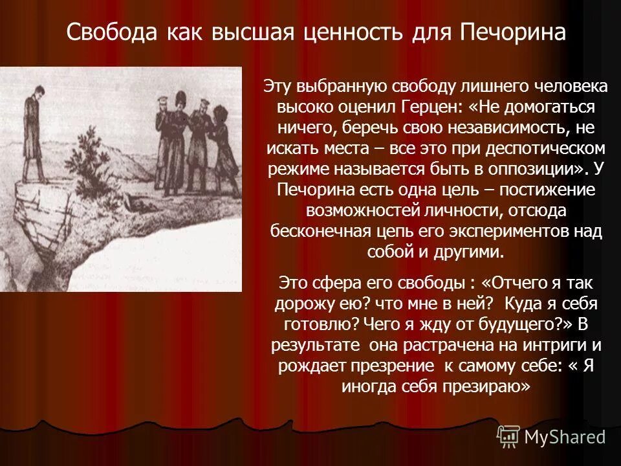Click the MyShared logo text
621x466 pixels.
[x=565, y=437]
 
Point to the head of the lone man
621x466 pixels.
[x=30, y=91]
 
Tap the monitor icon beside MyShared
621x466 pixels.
[x=508, y=437]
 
